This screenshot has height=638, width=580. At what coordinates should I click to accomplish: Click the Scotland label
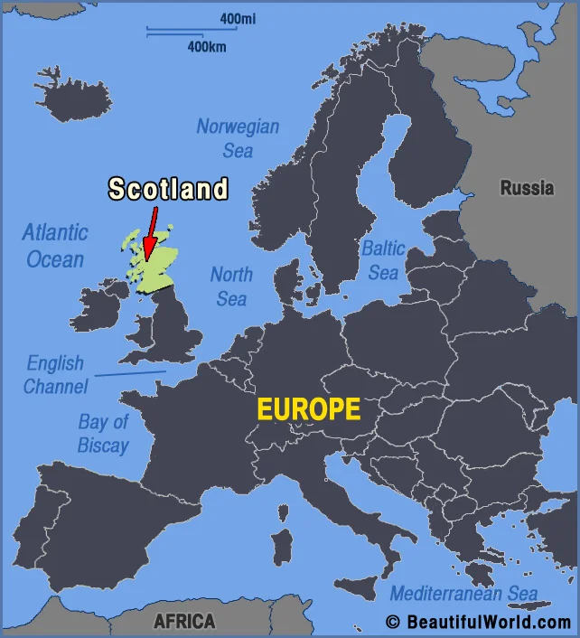tap(168, 189)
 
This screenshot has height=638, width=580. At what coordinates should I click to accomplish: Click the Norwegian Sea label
tap(238, 138)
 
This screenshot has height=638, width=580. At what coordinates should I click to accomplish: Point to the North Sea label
tap(231, 286)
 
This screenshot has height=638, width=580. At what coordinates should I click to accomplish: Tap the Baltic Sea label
tap(383, 259)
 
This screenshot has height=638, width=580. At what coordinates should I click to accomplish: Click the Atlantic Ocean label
tap(55, 246)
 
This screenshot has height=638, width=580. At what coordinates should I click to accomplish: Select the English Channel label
tap(55, 375)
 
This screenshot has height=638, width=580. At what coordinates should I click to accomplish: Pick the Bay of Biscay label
tap(103, 434)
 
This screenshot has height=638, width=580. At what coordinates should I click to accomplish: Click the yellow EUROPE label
tap(308, 409)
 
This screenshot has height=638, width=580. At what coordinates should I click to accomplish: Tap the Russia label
tap(527, 188)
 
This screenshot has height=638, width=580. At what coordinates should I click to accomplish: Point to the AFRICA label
tap(184, 621)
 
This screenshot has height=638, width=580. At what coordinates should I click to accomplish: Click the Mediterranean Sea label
tap(463, 594)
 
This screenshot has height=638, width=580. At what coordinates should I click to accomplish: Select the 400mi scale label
tap(238, 19)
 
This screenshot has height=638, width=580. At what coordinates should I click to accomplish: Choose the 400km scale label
tap(207, 46)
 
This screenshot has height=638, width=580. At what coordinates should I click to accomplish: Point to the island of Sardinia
tap(283, 546)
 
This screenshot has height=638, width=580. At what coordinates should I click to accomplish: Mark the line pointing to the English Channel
tap(130, 372)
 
